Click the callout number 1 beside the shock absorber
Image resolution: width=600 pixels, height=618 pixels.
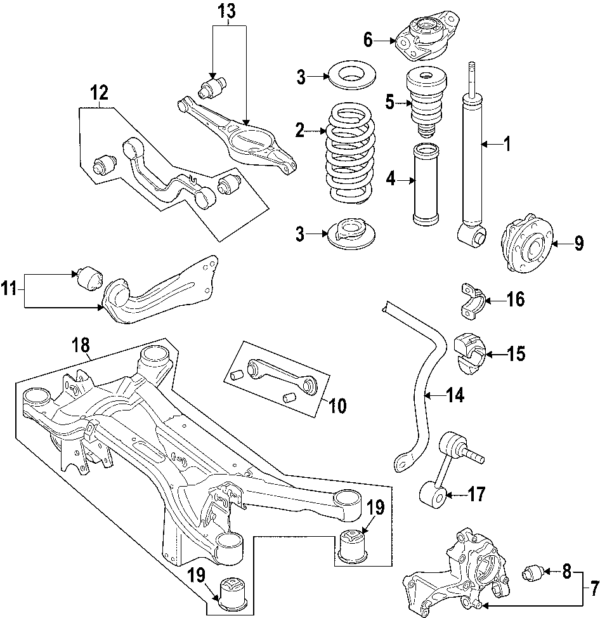506,145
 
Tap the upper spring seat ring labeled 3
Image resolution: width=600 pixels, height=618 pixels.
352,76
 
